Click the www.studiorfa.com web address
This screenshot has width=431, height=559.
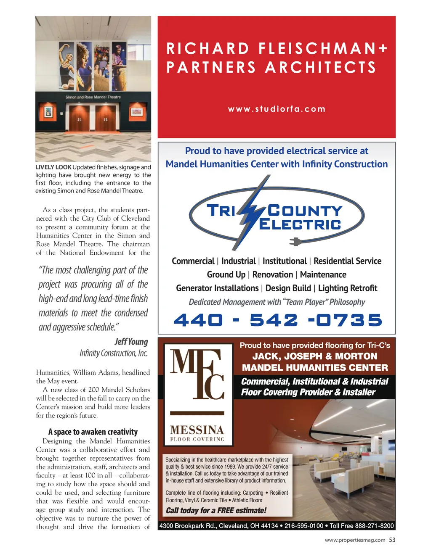(x=277, y=109)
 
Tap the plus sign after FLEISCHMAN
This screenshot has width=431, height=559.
(x=382, y=49)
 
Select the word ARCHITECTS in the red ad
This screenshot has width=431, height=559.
(x=321, y=67)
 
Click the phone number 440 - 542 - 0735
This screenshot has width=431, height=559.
(x=277, y=320)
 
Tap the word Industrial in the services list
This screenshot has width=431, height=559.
(x=238, y=261)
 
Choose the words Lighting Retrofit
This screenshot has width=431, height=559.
(x=347, y=288)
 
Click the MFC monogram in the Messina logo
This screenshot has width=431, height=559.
(x=197, y=374)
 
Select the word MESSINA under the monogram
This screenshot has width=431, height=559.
(x=197, y=430)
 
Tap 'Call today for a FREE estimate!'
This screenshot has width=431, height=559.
(x=216, y=510)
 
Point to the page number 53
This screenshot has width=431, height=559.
(x=392, y=540)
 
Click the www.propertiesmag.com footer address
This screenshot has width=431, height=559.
(x=355, y=540)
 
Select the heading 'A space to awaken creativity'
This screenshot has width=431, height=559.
(x=93, y=432)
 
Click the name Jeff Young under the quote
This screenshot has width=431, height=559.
(x=131, y=341)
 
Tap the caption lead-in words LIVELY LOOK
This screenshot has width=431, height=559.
(x=53, y=167)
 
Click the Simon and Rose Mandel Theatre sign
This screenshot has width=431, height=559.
(x=93, y=97)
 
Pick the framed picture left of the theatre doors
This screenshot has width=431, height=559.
(x=48, y=112)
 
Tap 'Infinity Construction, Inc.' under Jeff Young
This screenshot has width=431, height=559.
(x=114, y=353)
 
